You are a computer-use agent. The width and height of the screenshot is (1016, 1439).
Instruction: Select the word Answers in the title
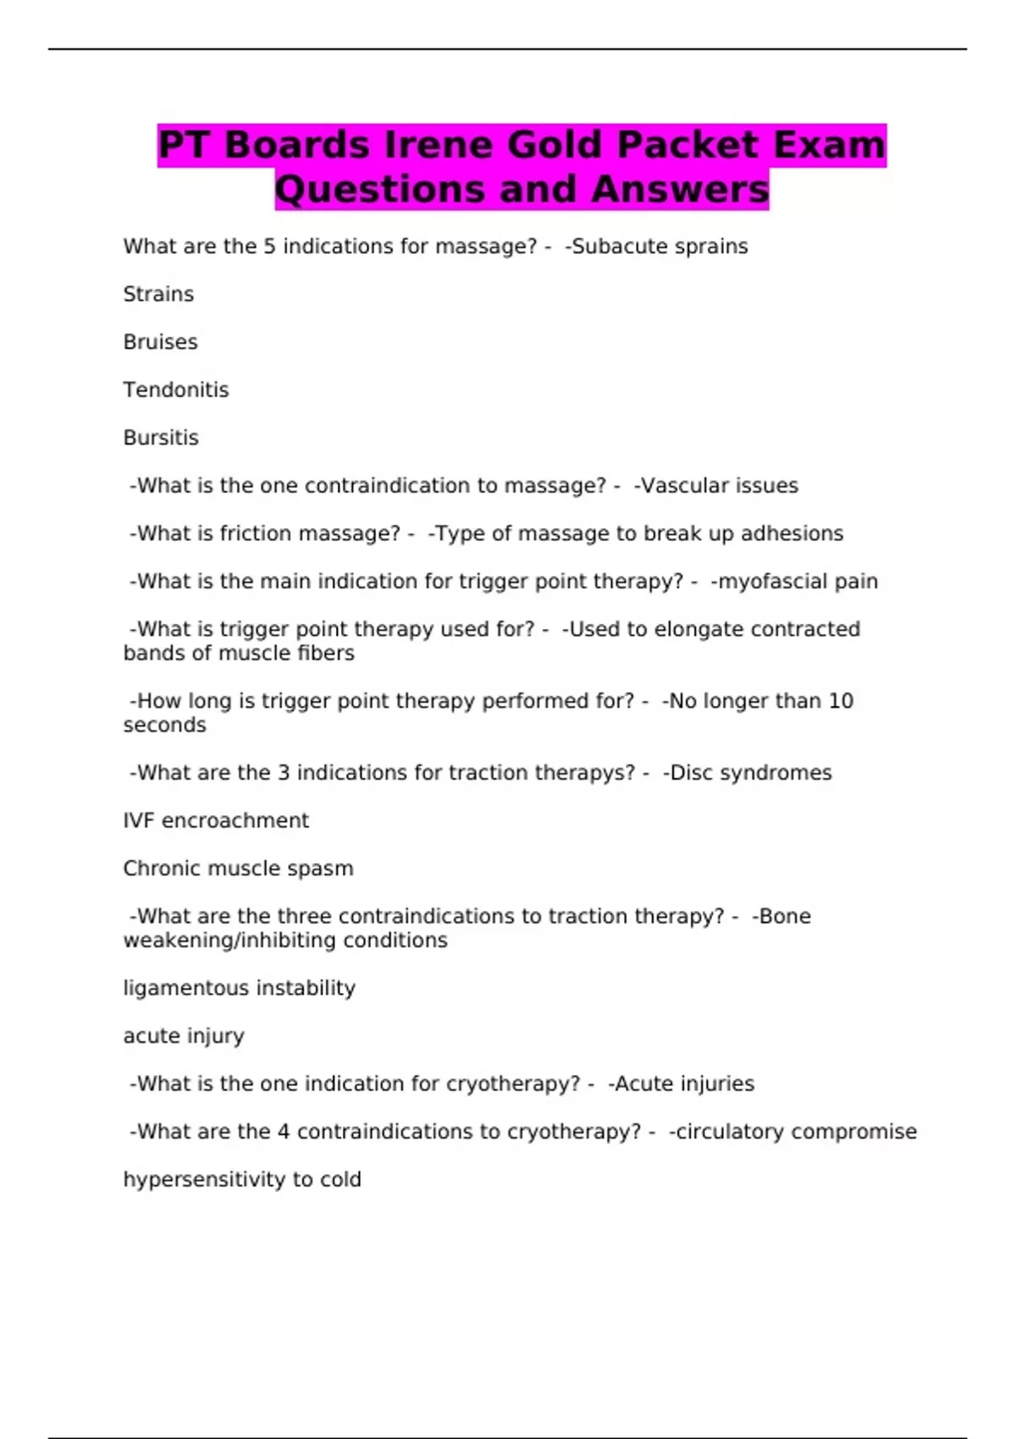click(x=680, y=190)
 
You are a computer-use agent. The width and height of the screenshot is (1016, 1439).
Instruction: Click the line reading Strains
click(x=158, y=295)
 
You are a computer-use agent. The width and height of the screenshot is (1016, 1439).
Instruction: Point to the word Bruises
click(x=160, y=342)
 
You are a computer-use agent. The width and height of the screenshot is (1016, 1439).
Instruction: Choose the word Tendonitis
click(x=176, y=390)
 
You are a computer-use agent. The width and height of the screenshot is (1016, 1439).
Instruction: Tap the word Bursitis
click(x=161, y=438)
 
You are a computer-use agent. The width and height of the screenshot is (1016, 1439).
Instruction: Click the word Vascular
click(x=677, y=486)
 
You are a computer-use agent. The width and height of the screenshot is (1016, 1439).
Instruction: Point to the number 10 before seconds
click(x=841, y=702)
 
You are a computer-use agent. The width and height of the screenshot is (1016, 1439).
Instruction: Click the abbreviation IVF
click(x=139, y=821)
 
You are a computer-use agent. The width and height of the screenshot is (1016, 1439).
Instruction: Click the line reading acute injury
click(x=184, y=1036)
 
